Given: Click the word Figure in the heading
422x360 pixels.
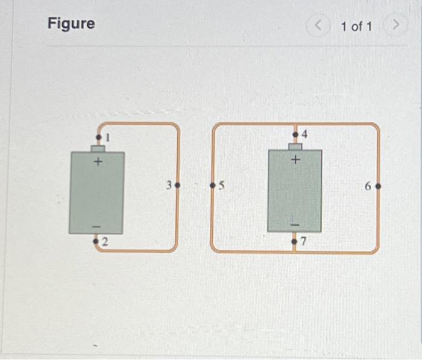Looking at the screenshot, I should pos(71,24).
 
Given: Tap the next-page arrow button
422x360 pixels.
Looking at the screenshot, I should pos(395,26).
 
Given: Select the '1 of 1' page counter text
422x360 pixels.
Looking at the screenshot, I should pos(356,27).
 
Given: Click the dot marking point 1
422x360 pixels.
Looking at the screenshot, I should pos(99,139).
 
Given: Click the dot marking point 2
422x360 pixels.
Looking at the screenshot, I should pos(96,241).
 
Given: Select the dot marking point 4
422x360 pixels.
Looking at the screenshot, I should pos(295,134).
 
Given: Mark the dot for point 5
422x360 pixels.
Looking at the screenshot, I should pos(212,186).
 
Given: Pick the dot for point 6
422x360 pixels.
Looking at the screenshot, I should pos(378,186).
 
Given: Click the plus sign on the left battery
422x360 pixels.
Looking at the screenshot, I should pos(98,162).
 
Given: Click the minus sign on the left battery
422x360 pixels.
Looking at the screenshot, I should pos(96,226).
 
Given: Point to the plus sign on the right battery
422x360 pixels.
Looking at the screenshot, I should pos(295,160).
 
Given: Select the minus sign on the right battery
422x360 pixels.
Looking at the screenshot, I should pos(295,224).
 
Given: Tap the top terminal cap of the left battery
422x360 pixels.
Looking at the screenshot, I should pos(98,148).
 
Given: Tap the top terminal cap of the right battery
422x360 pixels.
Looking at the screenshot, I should pos(295,146).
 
